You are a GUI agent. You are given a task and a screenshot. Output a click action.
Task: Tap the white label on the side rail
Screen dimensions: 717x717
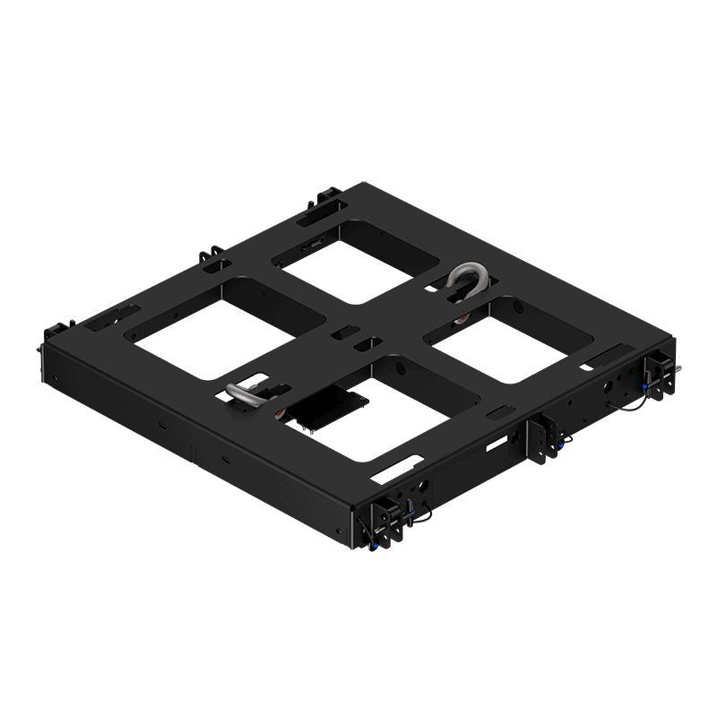pos(497,443)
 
